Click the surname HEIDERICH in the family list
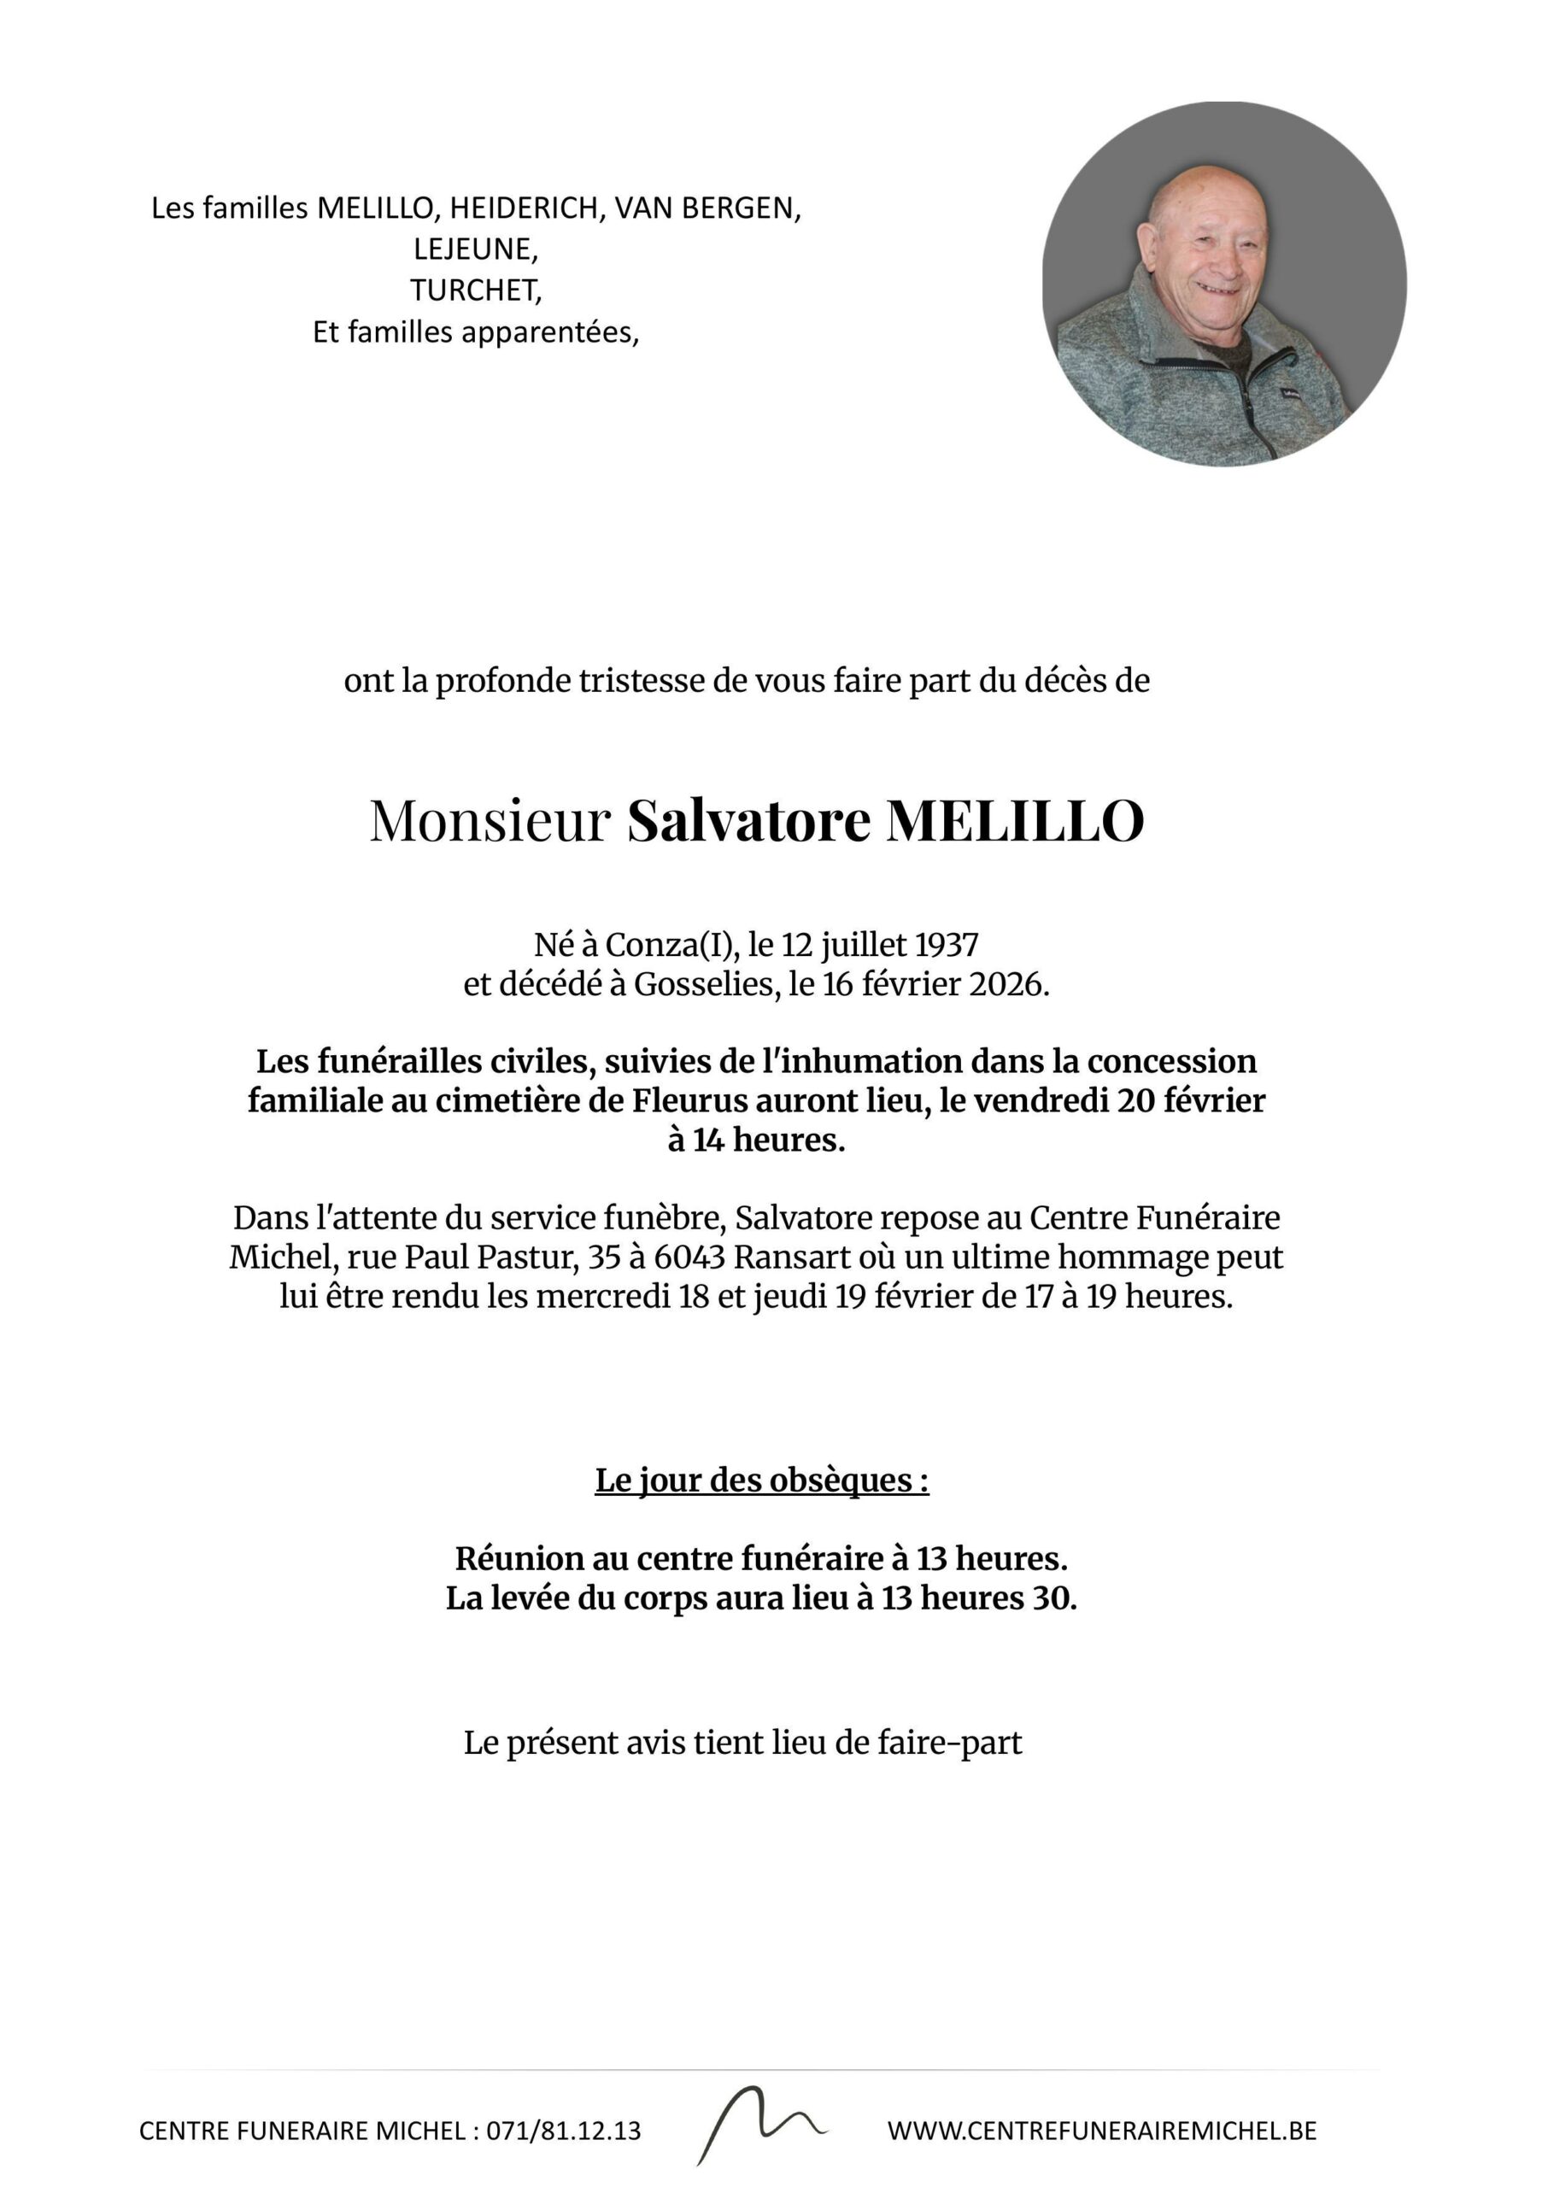click(525, 208)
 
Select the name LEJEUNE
click(475, 249)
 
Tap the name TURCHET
click(475, 290)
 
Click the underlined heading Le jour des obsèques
click(761, 1480)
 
